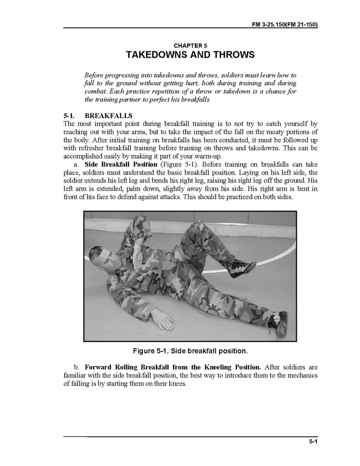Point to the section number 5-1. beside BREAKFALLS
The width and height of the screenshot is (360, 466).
pos(70,115)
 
